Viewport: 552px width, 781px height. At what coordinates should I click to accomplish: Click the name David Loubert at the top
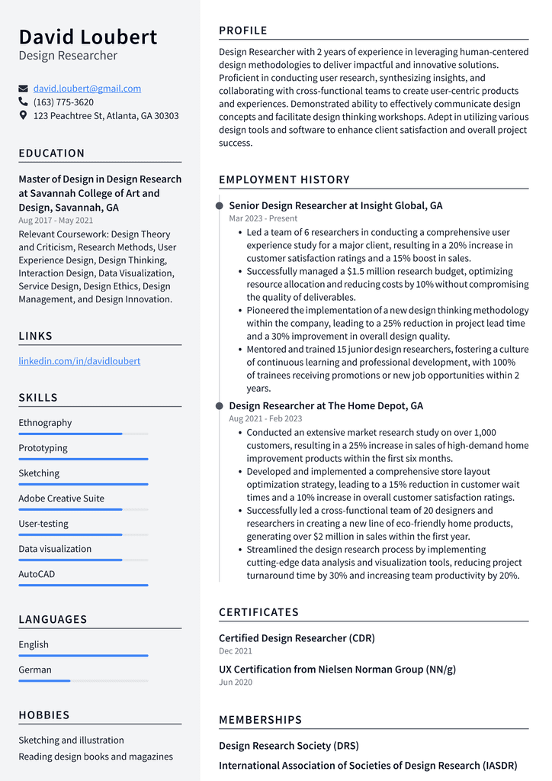tap(88, 37)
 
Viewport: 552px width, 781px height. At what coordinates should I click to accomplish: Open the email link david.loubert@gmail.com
tap(87, 89)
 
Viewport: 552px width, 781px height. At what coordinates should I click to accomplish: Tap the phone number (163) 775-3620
tap(63, 102)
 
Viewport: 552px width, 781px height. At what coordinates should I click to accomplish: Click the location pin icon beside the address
tap(23, 116)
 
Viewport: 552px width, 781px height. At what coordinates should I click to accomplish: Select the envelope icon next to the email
tap(23, 89)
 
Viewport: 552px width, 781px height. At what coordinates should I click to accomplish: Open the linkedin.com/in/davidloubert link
tap(79, 361)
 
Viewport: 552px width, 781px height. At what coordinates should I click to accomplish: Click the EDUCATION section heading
tap(52, 153)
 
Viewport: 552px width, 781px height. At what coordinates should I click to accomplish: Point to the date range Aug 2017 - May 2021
tap(56, 221)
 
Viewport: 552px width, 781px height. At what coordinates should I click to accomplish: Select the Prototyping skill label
tap(43, 448)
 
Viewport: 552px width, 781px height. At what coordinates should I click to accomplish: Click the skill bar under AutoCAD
tap(83, 586)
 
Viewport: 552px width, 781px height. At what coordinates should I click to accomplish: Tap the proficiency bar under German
tap(83, 681)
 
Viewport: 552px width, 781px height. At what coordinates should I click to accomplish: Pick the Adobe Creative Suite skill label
tap(61, 499)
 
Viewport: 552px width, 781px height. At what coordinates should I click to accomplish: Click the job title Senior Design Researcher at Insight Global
tap(335, 205)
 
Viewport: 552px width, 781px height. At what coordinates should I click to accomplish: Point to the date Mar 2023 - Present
tap(263, 218)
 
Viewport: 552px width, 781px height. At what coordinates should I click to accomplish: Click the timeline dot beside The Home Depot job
tap(220, 406)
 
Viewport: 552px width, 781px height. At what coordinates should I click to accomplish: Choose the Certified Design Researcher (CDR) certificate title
tap(297, 638)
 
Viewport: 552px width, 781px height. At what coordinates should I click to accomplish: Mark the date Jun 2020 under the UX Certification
tap(235, 683)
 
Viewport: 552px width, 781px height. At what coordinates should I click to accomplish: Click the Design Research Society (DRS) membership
tap(288, 746)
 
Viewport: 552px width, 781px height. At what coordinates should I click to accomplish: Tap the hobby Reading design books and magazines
tap(95, 757)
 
